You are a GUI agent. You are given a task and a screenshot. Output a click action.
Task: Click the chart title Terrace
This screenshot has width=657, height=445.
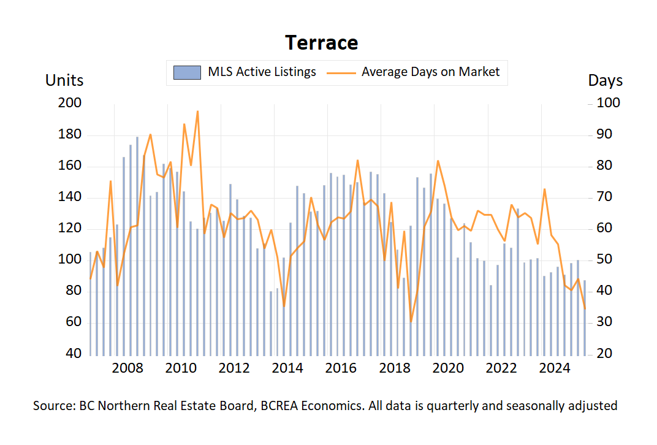[321, 43]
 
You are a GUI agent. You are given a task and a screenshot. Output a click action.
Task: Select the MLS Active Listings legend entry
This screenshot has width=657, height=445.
[245, 72]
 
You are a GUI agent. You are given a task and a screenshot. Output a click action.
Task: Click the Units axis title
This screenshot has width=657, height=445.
[64, 80]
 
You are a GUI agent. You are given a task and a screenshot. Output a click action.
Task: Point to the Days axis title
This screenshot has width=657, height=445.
[605, 80]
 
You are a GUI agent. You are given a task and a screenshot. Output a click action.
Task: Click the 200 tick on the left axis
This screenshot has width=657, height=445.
[69, 104]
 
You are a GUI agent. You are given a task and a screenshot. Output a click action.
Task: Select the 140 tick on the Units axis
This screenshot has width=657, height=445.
[69, 198]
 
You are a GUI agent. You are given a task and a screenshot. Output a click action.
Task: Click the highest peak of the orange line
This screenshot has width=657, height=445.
[197, 112]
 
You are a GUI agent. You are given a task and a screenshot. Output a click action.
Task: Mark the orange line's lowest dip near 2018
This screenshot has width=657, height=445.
[411, 321]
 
